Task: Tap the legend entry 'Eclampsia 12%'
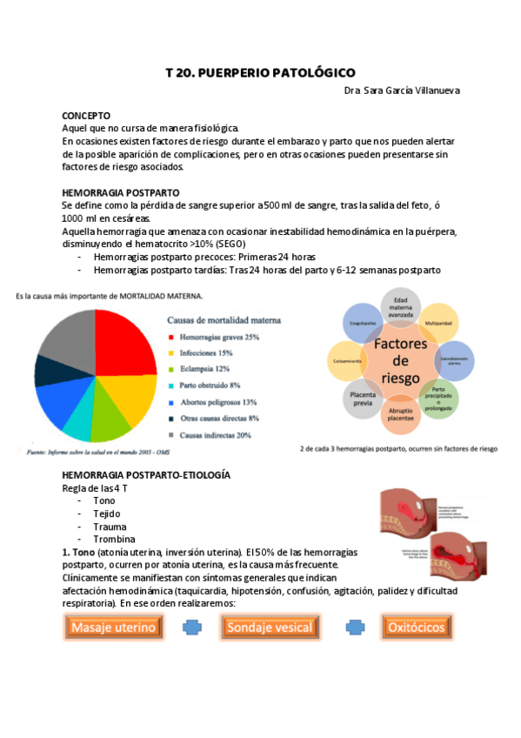[x=210, y=368]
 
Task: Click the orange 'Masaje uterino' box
[x=113, y=627]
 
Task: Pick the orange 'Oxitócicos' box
[x=416, y=627]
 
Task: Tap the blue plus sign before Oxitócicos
[x=354, y=627]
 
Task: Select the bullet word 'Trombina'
[x=109, y=540]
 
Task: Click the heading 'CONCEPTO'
[x=85, y=115]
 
